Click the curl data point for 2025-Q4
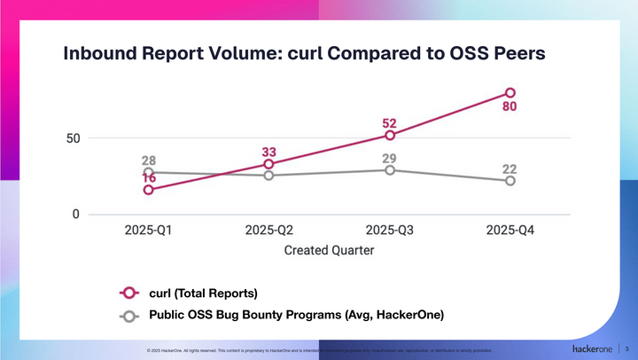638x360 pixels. (510, 92)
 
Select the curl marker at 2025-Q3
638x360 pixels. (390, 135)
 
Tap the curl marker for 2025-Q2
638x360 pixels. (268, 164)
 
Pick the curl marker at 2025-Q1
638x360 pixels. (148, 190)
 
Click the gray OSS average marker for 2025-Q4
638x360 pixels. (510, 181)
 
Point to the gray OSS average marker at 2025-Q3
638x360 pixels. (390, 169)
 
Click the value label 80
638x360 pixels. (510, 108)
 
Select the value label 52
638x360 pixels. (390, 121)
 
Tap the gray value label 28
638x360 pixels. (148, 160)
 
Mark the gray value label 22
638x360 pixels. (510, 168)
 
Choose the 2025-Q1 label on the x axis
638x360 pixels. (148, 231)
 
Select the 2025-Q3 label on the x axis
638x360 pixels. (390, 231)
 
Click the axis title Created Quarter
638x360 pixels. (329, 250)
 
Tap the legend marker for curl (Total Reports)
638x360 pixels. (129, 292)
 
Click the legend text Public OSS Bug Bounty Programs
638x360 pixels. (296, 315)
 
